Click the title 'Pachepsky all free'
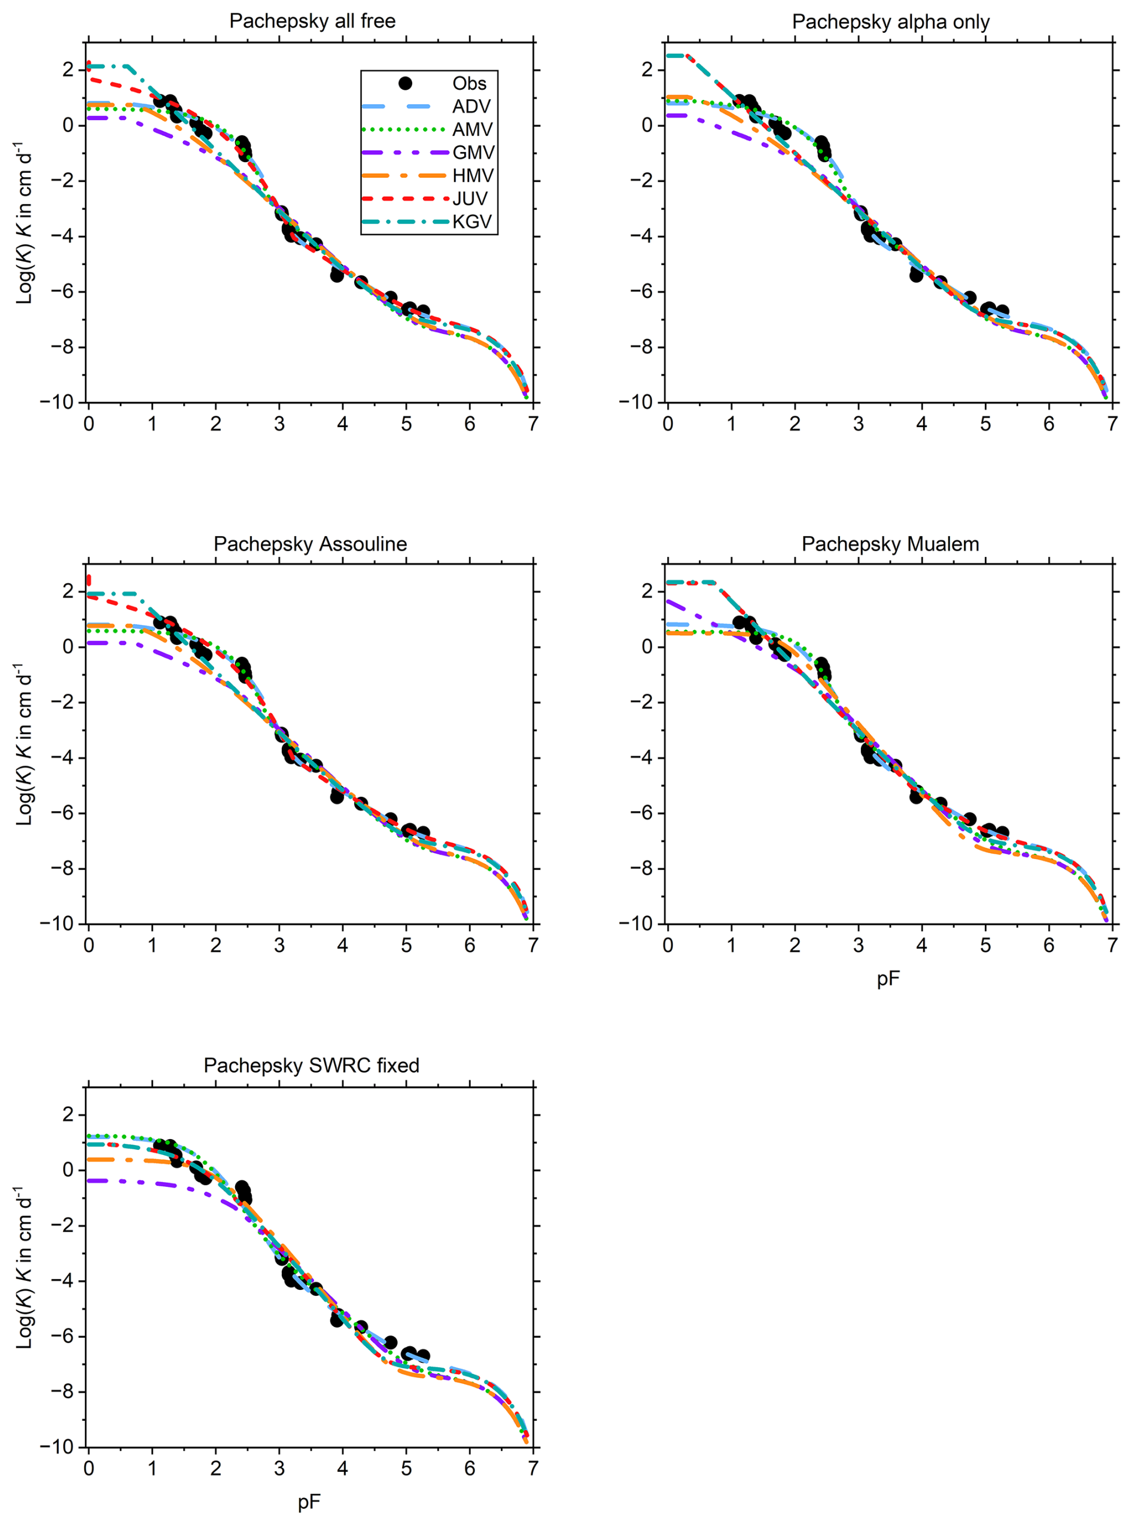tap(312, 21)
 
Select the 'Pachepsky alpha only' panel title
tap(890, 22)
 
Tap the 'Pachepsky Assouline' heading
tap(310, 544)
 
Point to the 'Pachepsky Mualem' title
tap(890, 544)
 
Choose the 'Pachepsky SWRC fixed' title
tap(311, 1066)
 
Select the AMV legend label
tap(472, 129)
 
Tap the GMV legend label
tap(473, 153)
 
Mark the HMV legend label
tap(473, 176)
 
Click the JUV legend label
tap(470, 199)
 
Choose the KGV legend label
tap(472, 222)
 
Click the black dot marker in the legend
tap(405, 84)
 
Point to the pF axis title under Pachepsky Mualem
tap(888, 979)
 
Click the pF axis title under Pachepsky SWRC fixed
tap(309, 1502)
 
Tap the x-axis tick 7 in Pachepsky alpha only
tap(1112, 424)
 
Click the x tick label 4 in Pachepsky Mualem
tap(921, 946)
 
